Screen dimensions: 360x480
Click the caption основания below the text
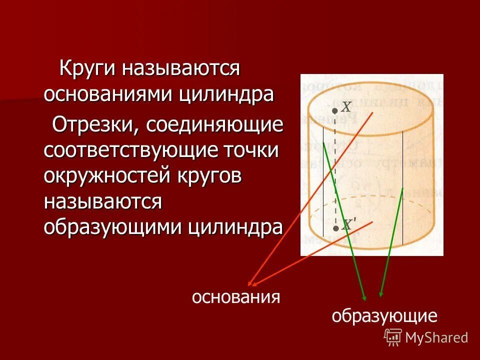[x=235, y=297]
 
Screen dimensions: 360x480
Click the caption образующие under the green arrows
[x=384, y=316]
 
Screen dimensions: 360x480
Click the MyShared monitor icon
[x=393, y=337]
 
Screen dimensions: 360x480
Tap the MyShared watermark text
[x=436, y=338]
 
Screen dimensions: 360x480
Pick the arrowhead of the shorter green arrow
[x=381, y=294]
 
